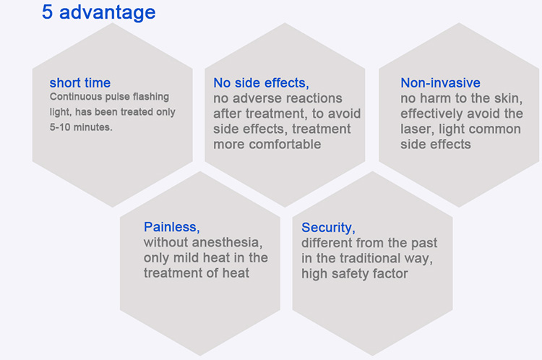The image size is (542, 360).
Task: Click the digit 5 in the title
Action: tap(48, 12)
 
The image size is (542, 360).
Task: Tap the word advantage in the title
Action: tap(108, 13)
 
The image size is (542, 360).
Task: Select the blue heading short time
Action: tap(79, 83)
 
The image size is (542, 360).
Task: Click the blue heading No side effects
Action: tap(261, 83)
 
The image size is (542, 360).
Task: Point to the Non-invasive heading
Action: tap(440, 83)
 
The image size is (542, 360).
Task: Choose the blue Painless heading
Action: tap(172, 227)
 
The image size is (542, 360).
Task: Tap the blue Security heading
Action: tap(328, 228)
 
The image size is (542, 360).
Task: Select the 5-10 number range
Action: tap(59, 127)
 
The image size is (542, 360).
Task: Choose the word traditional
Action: tap(370, 258)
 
